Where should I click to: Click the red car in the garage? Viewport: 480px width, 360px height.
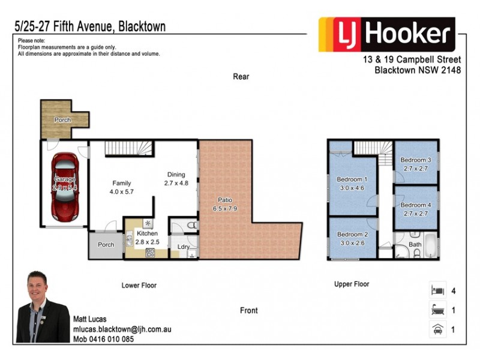coord(64,186)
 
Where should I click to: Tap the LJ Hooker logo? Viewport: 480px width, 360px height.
coord(386,35)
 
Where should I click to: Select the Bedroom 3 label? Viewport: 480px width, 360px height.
coord(416,160)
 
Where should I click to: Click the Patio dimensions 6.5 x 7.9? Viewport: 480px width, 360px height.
coord(225,209)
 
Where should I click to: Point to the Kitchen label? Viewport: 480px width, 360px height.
coord(147,233)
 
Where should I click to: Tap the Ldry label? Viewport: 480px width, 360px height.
coord(183,246)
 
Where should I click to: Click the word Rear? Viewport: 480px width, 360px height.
coord(241,77)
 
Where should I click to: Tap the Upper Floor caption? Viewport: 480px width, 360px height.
coord(352,284)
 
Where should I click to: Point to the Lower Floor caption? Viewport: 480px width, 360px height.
coord(139,286)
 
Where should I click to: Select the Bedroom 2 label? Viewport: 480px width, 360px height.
coord(352,235)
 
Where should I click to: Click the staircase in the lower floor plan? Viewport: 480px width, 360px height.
coord(129,148)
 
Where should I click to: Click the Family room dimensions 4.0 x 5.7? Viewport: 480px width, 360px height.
coord(122,192)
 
